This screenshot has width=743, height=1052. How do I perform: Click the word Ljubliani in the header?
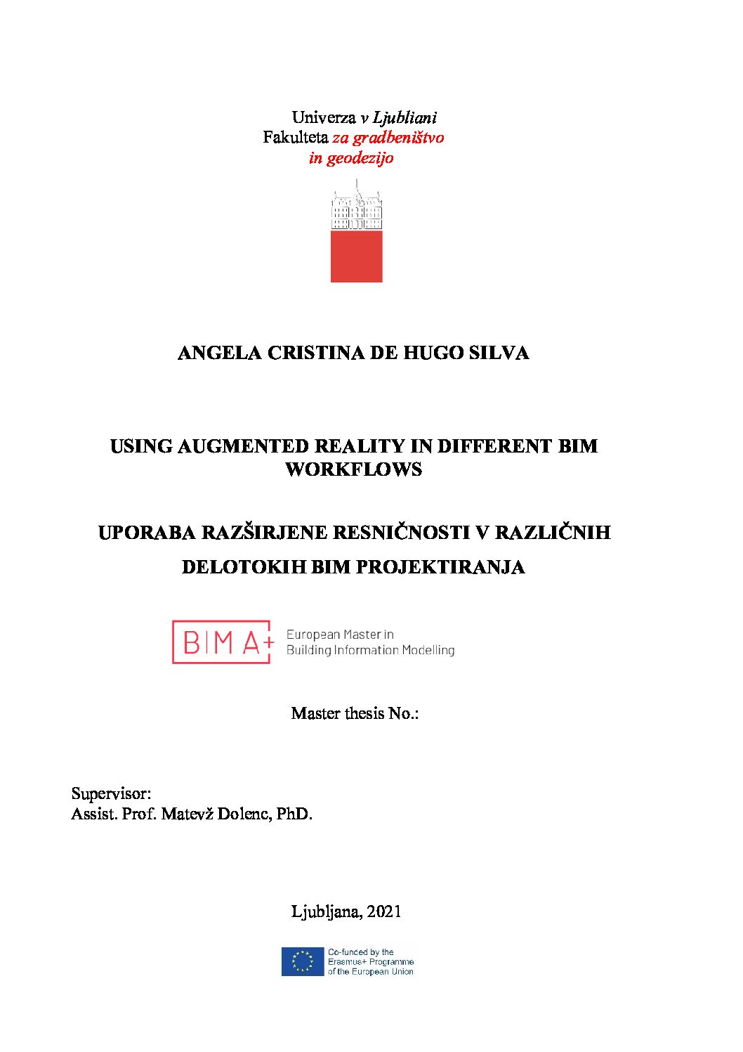(x=405, y=118)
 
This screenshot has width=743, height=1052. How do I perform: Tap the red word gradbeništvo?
(x=398, y=138)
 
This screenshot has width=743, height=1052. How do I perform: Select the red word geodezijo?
(x=360, y=158)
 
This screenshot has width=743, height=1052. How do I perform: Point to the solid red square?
(x=357, y=256)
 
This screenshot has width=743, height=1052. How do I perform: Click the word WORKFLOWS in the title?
(x=354, y=469)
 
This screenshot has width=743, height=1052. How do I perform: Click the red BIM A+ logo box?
(x=222, y=642)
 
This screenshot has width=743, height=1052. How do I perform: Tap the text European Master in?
(x=340, y=635)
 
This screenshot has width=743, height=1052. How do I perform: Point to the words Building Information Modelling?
(x=370, y=651)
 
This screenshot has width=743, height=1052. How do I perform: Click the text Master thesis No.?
(x=355, y=714)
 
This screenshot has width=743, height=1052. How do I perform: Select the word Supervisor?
(x=111, y=794)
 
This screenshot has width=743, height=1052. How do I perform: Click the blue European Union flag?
(x=303, y=962)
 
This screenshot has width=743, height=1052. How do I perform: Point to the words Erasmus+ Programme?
(x=371, y=962)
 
